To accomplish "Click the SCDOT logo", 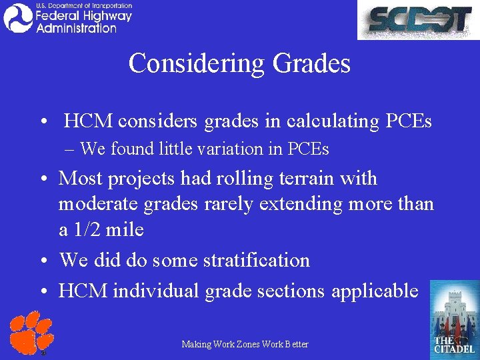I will pos(417,20).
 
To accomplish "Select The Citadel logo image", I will pos(454,317).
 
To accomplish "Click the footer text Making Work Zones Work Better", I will pos(245,344).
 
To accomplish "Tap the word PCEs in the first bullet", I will pos(408,121).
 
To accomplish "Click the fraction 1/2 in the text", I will pos(90,230).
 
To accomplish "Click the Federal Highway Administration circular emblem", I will pos(18,18).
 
